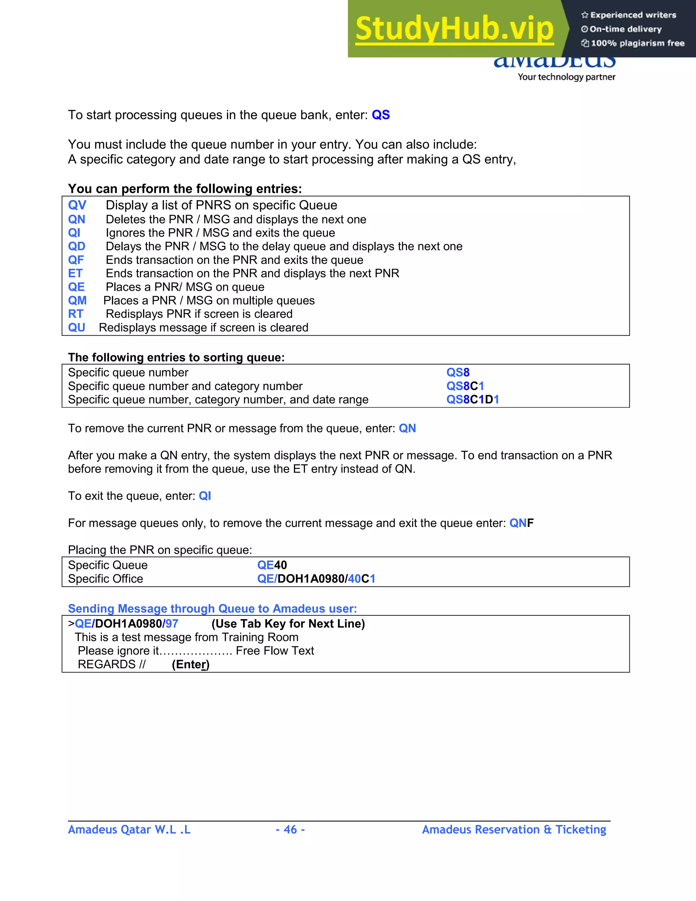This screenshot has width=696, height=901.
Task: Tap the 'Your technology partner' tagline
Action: click(x=566, y=77)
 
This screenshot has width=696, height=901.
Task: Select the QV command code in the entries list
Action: click(x=77, y=205)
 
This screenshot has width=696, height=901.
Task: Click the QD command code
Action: click(x=77, y=246)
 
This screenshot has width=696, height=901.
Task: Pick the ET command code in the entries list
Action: click(x=75, y=273)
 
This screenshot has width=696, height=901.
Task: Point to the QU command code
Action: click(x=77, y=327)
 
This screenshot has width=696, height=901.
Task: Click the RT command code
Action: click(x=76, y=314)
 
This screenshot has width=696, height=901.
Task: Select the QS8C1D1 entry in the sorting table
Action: click(x=472, y=400)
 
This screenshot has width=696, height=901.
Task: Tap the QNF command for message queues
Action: click(x=521, y=523)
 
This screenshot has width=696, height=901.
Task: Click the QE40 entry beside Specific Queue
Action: click(x=272, y=565)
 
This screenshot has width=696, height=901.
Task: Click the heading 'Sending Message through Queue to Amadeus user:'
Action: click(x=212, y=609)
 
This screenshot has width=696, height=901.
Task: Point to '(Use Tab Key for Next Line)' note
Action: click(x=288, y=624)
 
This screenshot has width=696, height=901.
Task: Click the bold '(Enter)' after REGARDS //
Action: click(x=191, y=664)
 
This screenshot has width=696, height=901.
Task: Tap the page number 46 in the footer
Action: click(x=290, y=829)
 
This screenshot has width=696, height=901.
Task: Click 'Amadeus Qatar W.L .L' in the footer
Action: click(x=129, y=829)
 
